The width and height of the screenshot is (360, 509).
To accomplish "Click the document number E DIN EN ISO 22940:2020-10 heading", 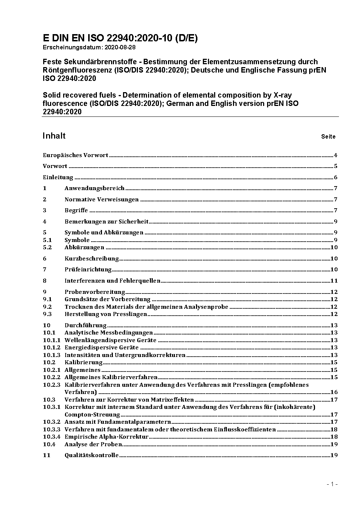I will [x=120, y=38].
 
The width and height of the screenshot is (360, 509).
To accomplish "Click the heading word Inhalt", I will [x=54, y=136].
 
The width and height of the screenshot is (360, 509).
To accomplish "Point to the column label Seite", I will [x=328, y=137].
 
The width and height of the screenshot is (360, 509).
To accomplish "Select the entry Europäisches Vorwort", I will [x=75, y=155].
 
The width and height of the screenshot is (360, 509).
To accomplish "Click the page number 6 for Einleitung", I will [x=336, y=177].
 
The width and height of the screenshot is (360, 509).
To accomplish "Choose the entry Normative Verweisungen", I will [x=102, y=200].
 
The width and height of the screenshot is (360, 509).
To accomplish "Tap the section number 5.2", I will [x=48, y=247].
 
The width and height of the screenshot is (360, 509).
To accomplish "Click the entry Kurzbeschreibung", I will [x=92, y=259].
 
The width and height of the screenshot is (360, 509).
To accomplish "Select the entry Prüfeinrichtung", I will [x=88, y=270].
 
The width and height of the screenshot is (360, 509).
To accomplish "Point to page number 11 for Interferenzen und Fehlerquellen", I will [x=334, y=280].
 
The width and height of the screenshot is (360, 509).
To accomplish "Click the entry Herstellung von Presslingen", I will [x=106, y=314].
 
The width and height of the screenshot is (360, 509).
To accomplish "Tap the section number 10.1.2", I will [x=52, y=348].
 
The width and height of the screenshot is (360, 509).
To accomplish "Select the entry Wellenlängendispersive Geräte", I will [x=110, y=340].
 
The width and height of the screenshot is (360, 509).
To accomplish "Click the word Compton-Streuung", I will [x=92, y=415].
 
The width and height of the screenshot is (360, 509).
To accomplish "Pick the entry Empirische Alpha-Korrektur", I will [x=107, y=437].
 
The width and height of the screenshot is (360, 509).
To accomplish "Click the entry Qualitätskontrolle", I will [x=91, y=455].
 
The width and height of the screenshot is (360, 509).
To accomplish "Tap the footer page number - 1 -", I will [x=332, y=484].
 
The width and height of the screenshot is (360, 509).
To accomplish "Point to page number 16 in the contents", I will [x=334, y=392].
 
